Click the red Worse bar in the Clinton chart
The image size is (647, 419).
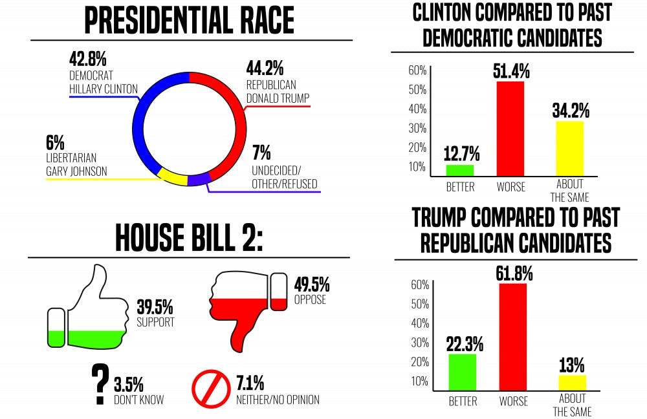510,129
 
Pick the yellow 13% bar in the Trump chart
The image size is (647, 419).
572,382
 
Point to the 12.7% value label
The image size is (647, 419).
461,154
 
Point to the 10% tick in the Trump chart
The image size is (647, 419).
420,381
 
